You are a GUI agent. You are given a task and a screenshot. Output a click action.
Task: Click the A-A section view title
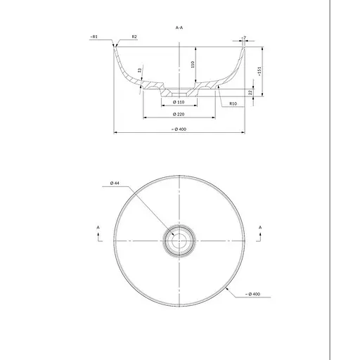point(179,27)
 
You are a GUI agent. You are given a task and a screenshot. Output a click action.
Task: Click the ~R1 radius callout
point(94,37)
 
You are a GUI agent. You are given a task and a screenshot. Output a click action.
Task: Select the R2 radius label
point(134,37)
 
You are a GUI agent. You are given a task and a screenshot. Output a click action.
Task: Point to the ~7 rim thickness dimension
point(244,38)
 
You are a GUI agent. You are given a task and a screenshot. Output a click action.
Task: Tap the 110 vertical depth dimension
point(193,64)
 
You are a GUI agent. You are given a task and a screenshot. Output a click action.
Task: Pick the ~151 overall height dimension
point(259,72)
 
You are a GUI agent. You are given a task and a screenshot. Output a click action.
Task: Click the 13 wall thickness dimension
point(140,70)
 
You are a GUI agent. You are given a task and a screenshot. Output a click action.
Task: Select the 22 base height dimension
point(250,92)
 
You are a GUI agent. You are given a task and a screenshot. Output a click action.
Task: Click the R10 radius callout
point(233,103)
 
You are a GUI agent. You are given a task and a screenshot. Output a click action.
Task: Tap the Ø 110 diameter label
point(179,102)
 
